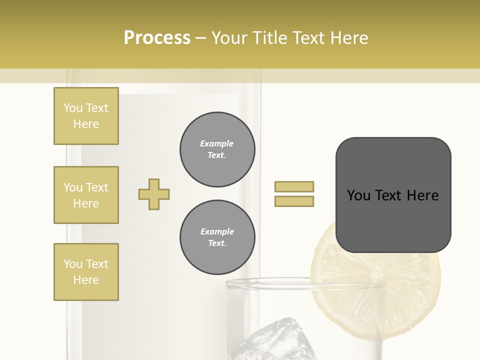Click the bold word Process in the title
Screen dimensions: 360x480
157,38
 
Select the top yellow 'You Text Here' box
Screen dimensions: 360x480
86,116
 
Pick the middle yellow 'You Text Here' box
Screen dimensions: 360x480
86,195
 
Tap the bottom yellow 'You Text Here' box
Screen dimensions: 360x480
86,271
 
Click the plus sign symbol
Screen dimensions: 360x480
154,194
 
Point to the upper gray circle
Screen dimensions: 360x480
217,149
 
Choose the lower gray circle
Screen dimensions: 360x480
217,237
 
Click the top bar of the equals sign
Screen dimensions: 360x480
294,186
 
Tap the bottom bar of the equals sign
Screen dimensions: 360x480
294,201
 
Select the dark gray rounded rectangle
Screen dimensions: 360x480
393,195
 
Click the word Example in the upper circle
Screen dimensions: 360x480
217,143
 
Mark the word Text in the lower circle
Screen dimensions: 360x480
217,243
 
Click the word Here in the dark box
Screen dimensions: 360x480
422,195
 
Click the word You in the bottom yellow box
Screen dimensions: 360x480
73,264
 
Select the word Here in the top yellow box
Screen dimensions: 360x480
86,124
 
